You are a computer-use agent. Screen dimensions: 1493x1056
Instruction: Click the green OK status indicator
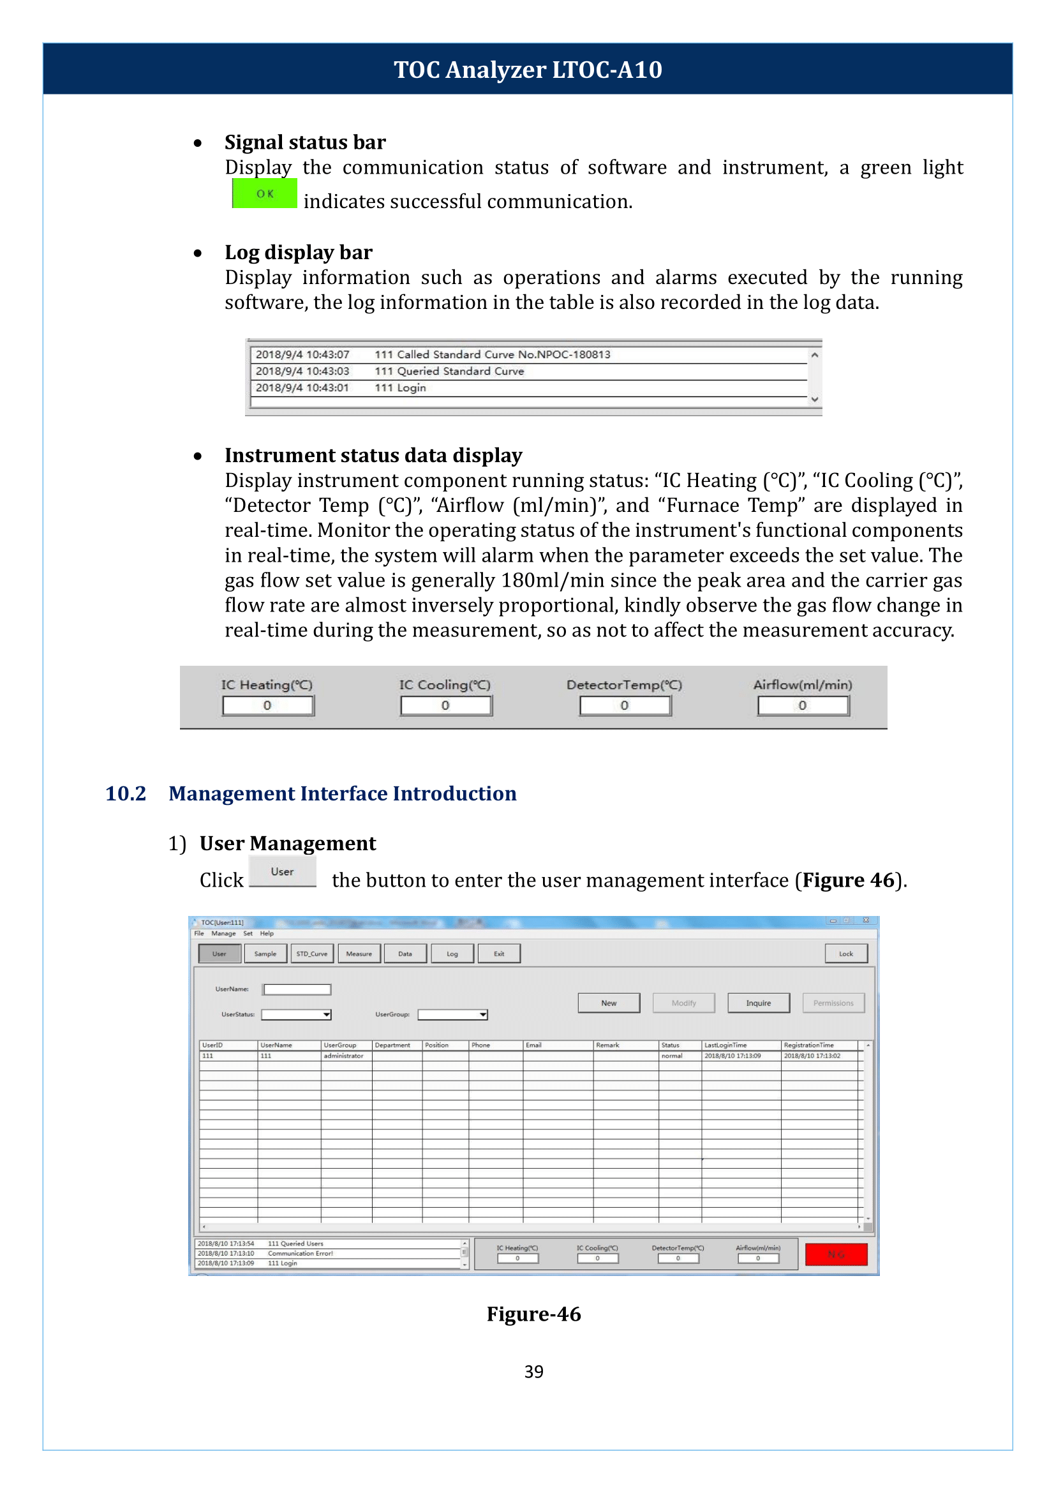[265, 194]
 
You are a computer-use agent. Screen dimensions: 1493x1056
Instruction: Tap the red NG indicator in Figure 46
[836, 1254]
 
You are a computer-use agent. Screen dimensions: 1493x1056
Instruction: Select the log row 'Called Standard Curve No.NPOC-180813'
[492, 354]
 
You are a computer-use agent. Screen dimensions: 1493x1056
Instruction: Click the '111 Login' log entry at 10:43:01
[400, 387]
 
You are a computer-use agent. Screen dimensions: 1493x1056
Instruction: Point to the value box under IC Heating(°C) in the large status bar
[267, 705]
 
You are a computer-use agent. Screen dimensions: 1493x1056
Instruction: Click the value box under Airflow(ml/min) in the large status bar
[803, 705]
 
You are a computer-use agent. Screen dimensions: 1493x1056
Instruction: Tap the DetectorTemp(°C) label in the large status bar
[623, 684]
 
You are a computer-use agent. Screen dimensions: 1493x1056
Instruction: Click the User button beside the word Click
[282, 872]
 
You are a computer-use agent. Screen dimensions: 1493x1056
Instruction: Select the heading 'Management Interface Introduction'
[342, 793]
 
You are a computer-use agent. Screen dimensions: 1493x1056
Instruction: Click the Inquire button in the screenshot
[758, 1003]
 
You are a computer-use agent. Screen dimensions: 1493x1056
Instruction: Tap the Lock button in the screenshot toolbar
[845, 954]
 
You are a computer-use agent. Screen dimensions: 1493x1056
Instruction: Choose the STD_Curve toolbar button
[312, 954]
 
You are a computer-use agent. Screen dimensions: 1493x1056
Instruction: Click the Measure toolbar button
[359, 954]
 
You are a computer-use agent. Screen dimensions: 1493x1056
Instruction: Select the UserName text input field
[297, 989]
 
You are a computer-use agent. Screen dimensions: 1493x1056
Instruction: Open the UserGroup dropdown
[482, 1015]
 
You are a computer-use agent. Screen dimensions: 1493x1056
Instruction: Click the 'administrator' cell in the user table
[343, 1056]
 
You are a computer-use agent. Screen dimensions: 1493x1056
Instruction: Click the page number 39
[533, 1371]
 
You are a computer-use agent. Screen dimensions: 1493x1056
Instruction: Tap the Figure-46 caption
[533, 1314]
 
